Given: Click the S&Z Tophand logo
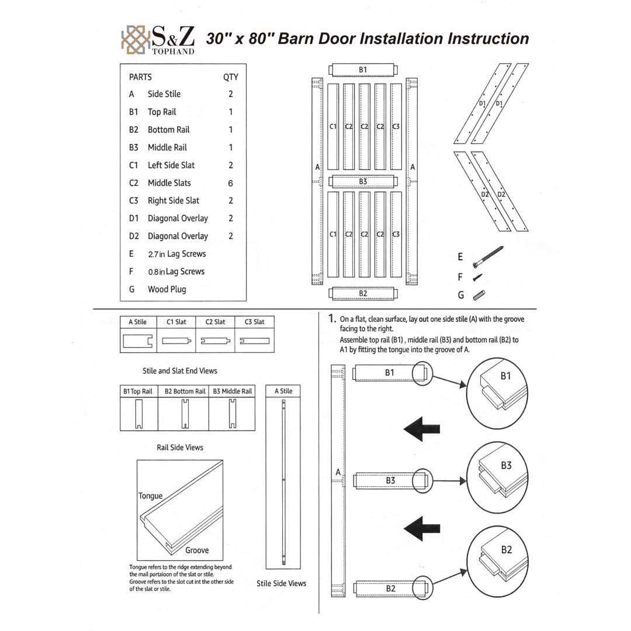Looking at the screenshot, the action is coord(158,40).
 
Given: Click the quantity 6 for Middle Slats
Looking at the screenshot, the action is coord(231,183).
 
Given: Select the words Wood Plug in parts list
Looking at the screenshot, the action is coord(167,289).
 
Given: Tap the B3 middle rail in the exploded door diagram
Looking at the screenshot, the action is coord(363,182).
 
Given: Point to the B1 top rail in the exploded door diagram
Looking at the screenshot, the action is coord(363,70).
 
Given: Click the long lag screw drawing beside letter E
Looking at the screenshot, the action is coord(488,256).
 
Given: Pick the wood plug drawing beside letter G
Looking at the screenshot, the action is coord(479,295).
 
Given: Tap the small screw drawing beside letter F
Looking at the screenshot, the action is coord(478,277).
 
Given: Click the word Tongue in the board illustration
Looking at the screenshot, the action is coord(151,496).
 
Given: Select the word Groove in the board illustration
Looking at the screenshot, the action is coord(197,550).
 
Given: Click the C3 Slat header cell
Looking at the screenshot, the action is coord(254,322).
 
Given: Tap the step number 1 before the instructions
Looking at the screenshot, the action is coord(331,319).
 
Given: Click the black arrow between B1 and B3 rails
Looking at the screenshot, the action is coord(421,429).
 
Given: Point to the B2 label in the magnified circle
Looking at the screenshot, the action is coord(506,550).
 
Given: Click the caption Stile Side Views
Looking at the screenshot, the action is coord(281,583).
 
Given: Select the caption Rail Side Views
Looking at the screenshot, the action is coord(180,448).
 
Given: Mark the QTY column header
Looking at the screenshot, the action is coord(231,77).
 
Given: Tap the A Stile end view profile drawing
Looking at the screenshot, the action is coord(138,341).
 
